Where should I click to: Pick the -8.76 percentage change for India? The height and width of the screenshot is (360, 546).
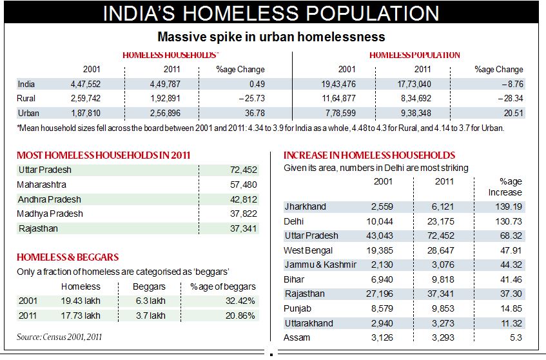tap(509, 84)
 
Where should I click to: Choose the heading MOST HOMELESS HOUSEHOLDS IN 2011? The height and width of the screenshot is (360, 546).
tap(103, 155)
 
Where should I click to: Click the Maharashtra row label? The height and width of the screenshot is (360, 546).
tap(41, 185)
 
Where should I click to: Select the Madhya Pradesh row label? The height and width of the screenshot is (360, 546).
tap(50, 214)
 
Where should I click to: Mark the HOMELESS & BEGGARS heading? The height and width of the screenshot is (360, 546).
tap(68, 257)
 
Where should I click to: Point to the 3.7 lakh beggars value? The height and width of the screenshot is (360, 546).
tap(150, 315)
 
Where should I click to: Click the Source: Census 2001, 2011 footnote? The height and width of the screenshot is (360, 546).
tap(59, 337)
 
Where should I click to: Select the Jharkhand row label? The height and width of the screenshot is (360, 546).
tap(306, 207)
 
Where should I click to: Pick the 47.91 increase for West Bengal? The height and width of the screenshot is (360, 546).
tap(509, 250)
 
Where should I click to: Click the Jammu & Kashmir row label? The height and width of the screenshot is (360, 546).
tap(320, 265)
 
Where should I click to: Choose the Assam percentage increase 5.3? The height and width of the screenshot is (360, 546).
tap(515, 337)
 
